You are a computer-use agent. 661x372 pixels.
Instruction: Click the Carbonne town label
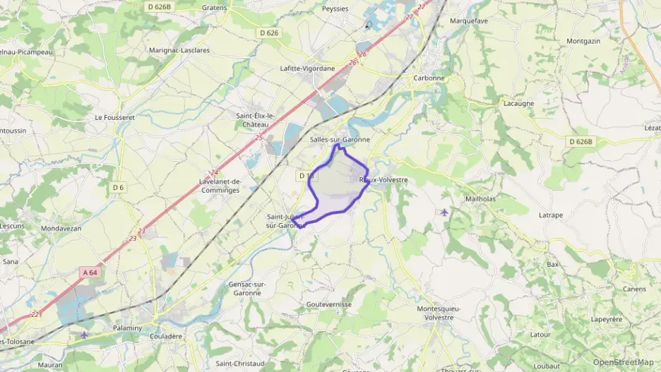click(429, 78)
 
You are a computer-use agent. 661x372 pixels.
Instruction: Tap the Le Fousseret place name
click(114, 117)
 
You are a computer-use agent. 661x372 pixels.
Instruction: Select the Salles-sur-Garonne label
click(340, 140)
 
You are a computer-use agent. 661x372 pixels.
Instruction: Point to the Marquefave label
click(470, 20)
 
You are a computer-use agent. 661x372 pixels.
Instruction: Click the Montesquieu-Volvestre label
click(439, 313)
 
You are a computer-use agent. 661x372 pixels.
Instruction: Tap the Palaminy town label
click(127, 328)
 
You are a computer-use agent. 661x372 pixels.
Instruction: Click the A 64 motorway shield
click(90, 272)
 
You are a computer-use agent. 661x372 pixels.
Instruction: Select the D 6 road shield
click(118, 187)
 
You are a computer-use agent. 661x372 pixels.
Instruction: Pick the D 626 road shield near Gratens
click(268, 32)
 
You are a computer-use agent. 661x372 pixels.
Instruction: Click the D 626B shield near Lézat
click(580, 142)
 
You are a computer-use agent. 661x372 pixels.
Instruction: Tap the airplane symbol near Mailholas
click(443, 212)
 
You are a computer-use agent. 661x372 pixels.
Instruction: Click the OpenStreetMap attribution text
click(624, 362)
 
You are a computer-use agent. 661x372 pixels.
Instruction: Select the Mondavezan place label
click(61, 229)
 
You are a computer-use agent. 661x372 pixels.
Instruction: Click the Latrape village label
click(550, 215)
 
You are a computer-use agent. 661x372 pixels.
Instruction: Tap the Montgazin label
click(583, 41)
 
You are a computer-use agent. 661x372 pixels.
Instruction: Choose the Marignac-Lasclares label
click(179, 50)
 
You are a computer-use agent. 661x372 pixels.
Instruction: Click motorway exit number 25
click(258, 137)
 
